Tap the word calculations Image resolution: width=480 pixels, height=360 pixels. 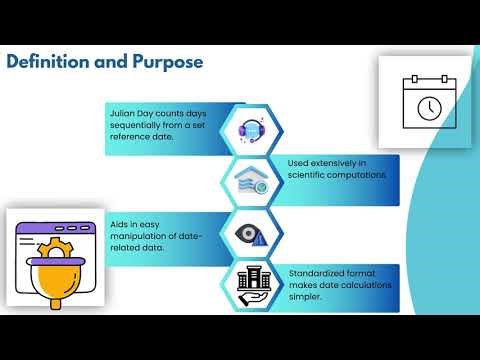[361, 283]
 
